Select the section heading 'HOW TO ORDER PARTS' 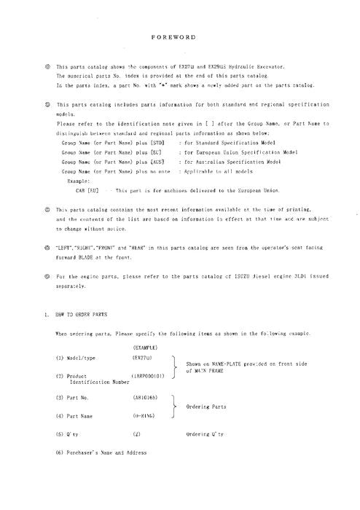click(80, 314)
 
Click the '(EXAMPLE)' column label click(147, 348)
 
